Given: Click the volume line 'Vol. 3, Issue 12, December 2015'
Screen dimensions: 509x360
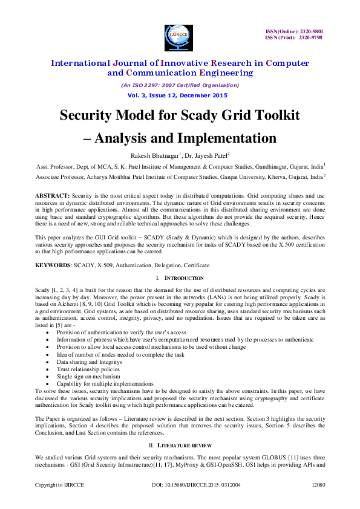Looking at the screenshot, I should tap(177, 96).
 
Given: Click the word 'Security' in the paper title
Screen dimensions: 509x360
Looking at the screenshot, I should tap(93, 115).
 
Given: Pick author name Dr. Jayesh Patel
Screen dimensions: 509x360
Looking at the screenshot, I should tap(206, 155).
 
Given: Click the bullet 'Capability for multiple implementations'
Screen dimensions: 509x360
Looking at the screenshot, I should tap(97, 384).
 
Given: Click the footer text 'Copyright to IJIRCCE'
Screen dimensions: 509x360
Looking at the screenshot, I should tap(59, 485).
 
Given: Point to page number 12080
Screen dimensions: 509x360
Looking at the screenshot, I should tap(318, 485).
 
